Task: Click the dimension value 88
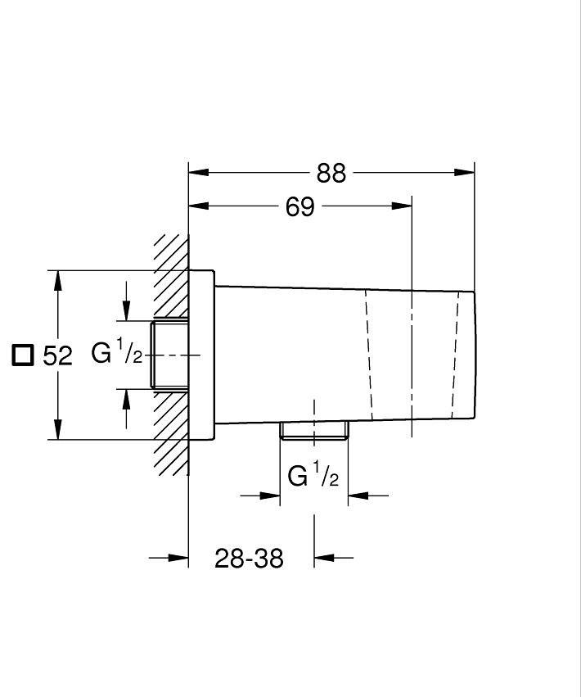(331, 174)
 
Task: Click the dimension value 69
(300, 206)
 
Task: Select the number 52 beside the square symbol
(57, 355)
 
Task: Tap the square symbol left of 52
(22, 355)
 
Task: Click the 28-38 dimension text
(249, 559)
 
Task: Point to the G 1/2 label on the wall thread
(117, 351)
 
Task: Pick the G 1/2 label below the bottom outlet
(313, 474)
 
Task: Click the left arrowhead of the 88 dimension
(199, 172)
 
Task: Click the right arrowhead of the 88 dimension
(464, 172)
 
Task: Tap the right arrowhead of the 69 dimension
(402, 206)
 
